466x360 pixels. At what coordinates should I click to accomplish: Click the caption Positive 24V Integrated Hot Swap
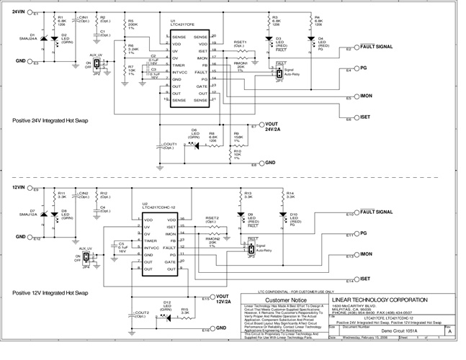pos(50,120)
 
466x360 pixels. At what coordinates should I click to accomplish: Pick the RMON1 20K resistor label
pos(241,66)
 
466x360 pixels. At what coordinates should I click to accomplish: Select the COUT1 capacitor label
pos(170,146)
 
